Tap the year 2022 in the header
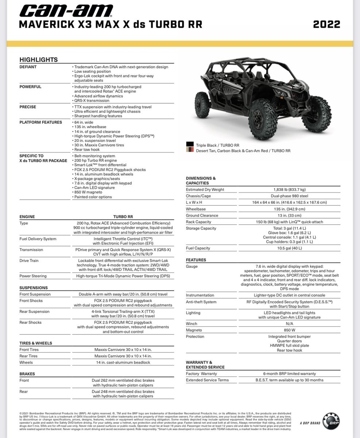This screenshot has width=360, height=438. pyautogui.click(x=326, y=24)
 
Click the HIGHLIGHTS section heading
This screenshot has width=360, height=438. pyautogui.click(x=38, y=59)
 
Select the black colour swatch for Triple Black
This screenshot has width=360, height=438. pyautogui.click(x=190, y=145)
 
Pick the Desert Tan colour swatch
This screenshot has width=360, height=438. pyautogui.click(x=190, y=150)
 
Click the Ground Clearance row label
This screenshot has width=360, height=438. pyautogui.click(x=202, y=215)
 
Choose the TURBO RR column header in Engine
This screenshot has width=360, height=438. pyautogui.click(x=123, y=216)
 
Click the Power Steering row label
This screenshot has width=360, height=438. pyautogui.click(x=33, y=276)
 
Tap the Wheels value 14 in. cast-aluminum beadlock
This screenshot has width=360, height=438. pyautogui.click(x=123, y=362)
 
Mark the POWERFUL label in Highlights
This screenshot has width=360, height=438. pyautogui.click(x=30, y=87)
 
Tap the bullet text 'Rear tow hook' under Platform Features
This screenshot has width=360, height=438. pyautogui.click(x=87, y=150)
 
